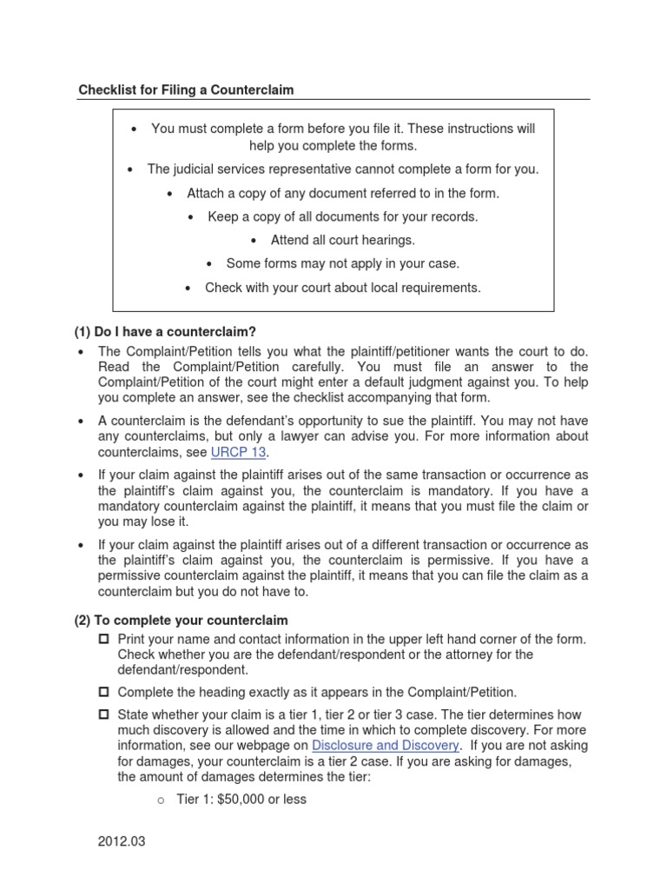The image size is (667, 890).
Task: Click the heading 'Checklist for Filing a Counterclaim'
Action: pos(186,90)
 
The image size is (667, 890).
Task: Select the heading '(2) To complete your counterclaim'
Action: pos(180,620)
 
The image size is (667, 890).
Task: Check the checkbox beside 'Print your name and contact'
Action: pos(104,639)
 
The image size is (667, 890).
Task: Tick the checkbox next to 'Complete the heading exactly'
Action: pos(104,692)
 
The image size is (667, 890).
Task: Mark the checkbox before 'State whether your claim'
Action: pos(104,714)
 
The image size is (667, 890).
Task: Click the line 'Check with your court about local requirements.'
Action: pos(342,287)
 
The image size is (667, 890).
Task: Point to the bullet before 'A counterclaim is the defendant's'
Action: pos(80,422)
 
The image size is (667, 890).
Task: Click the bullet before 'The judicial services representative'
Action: pos(130,169)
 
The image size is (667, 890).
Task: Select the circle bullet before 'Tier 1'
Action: pos(161,800)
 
